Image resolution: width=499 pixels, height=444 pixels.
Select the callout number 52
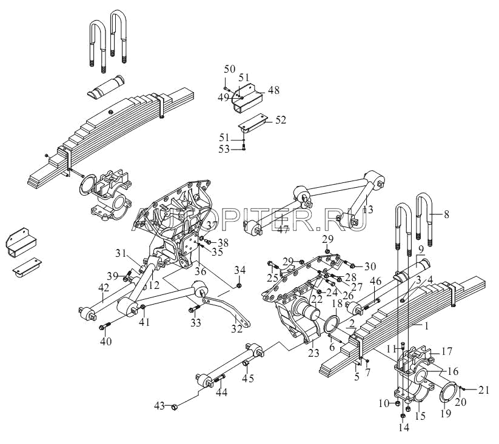point(280,120)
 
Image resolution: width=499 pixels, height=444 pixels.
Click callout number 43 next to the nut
point(160,405)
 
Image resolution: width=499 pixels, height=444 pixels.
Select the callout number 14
point(403,427)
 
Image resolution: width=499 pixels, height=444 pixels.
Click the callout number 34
point(240,269)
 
